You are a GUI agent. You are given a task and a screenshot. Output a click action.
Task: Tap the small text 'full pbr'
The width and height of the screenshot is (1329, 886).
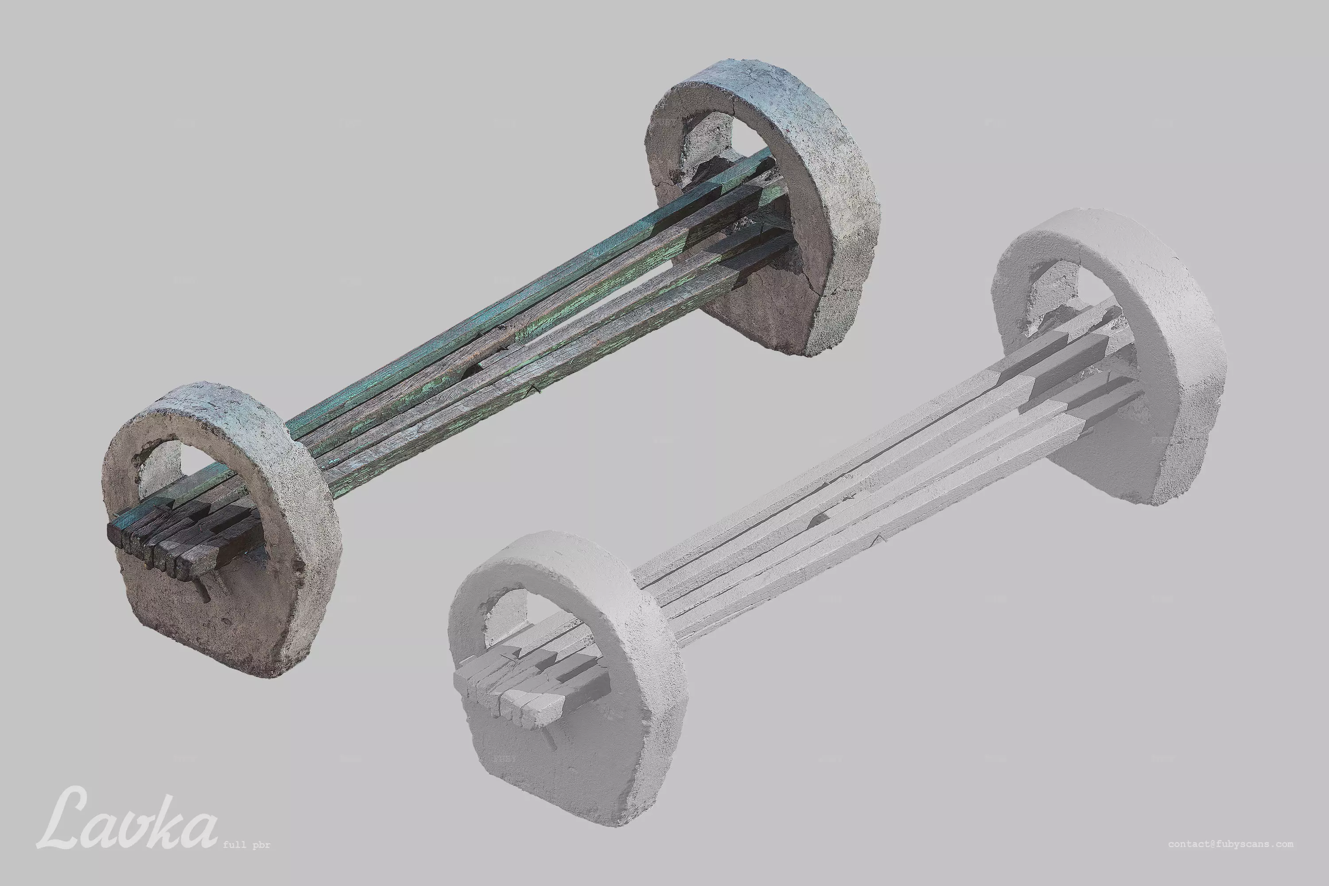(x=246, y=845)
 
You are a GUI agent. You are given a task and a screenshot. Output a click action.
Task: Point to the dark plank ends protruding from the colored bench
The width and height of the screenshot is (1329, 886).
(x=170, y=537)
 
